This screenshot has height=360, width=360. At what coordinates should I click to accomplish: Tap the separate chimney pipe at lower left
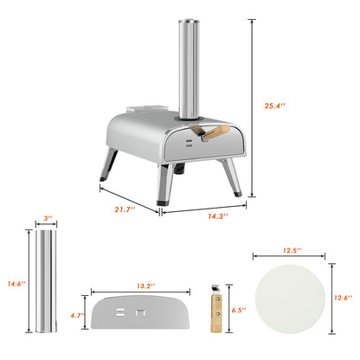click(44, 286)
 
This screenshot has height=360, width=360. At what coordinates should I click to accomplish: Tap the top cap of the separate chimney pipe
click(44, 235)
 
